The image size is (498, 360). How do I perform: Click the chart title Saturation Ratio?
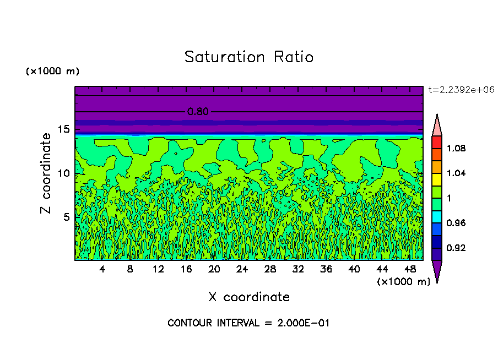[x=249, y=57]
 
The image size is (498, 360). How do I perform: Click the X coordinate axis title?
[x=249, y=297]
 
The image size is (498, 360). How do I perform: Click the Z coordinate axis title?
[x=46, y=173]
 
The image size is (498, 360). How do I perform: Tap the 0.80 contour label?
[x=198, y=112]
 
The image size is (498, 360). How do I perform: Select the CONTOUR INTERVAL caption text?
[x=248, y=323]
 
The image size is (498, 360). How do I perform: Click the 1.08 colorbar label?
[x=456, y=148]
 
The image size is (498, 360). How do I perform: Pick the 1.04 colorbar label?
[x=456, y=173]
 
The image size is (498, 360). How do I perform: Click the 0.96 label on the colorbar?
[x=456, y=223]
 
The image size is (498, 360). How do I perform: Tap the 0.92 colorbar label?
[x=456, y=248]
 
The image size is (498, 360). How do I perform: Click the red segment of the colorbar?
[x=437, y=141]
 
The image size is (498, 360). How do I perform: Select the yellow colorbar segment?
[x=437, y=179]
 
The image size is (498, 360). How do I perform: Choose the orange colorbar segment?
[x=437, y=166]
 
